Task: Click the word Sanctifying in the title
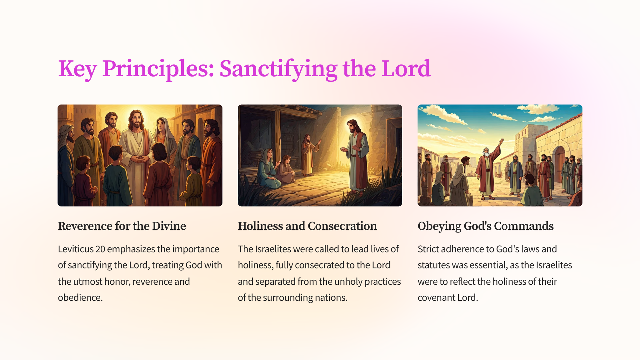pos(278,69)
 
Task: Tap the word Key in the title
pos(77,69)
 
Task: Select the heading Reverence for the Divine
pos(122,226)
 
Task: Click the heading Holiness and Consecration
pos(307,226)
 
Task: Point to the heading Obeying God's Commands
pos(486,226)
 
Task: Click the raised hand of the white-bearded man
pos(502,141)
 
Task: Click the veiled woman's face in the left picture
pos(160,125)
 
